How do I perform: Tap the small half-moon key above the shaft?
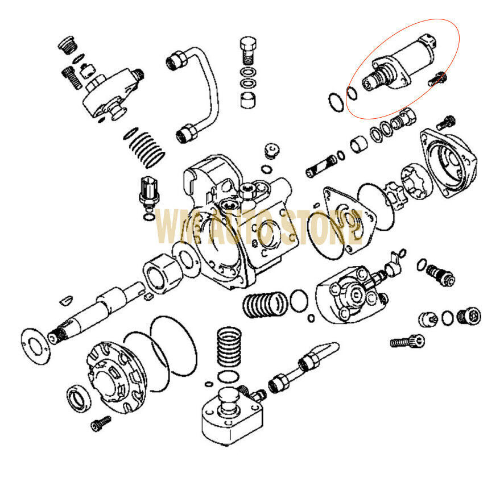66,297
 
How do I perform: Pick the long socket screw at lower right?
407,342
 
